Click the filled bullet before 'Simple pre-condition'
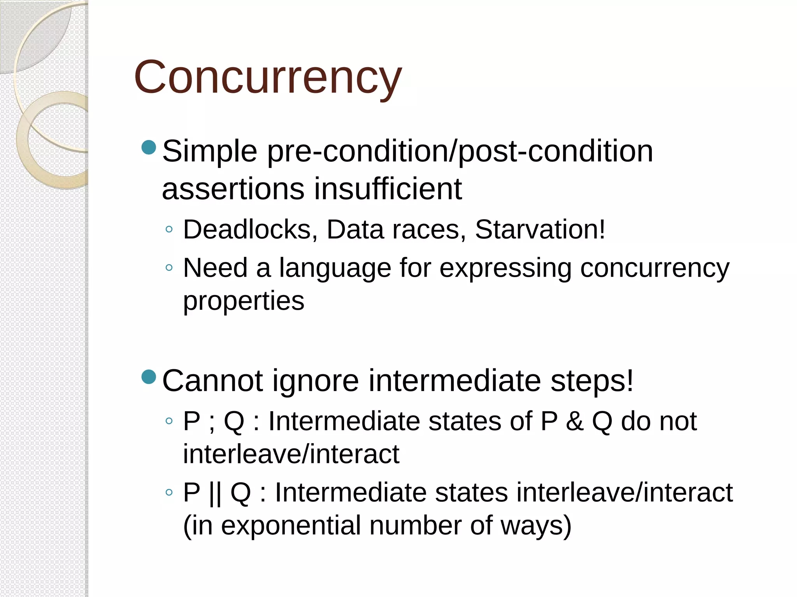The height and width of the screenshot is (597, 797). click(149, 147)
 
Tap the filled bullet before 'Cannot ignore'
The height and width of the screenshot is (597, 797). click(149, 377)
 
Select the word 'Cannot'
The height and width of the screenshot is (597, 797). click(212, 381)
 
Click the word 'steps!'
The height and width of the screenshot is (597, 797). click(592, 381)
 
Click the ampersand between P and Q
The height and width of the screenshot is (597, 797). click(575, 421)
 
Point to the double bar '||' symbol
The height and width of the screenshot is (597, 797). click(215, 493)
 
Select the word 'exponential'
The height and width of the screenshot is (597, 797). click(291, 525)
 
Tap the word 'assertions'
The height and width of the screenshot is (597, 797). click(233, 190)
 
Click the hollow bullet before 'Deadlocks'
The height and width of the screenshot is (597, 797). click(169, 229)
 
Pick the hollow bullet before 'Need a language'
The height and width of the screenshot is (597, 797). click(169, 267)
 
